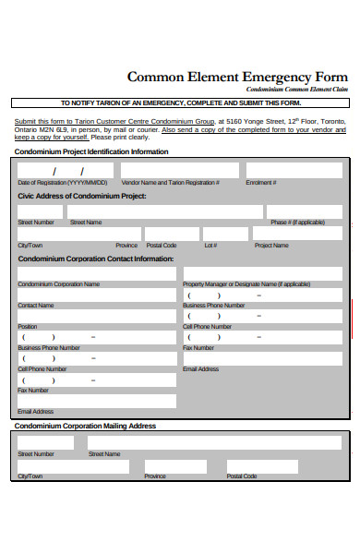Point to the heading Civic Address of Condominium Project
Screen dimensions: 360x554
pyautogui.click(x=82, y=197)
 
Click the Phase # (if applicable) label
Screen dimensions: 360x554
pyautogui.click(x=296, y=223)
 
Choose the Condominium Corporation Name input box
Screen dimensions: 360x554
pyautogui.click(x=96, y=273)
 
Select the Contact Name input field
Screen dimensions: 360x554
pyautogui.click(x=96, y=295)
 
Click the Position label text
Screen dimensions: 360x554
pyautogui.click(x=28, y=326)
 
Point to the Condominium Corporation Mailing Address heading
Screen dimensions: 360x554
pyautogui.click(x=85, y=426)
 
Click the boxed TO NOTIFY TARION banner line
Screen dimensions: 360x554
pyautogui.click(x=180, y=103)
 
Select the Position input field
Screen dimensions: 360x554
pyautogui.click(x=96, y=316)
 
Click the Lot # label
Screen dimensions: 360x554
pyautogui.click(x=210, y=246)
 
